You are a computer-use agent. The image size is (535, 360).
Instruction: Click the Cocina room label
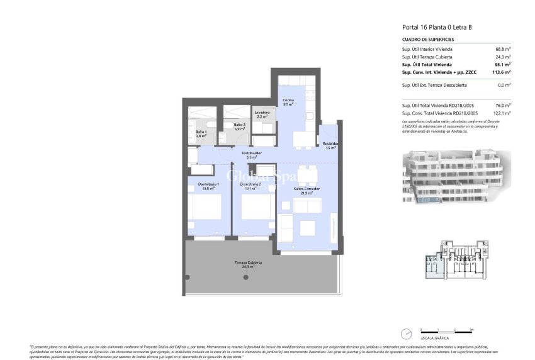[288, 102]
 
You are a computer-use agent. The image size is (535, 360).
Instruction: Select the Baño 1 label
[201, 133]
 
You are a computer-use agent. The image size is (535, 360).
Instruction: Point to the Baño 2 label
[239, 127]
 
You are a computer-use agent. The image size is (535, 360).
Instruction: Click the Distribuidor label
[251, 154]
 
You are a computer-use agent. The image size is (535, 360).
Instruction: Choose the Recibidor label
[330, 145]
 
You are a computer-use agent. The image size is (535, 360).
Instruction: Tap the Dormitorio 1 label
[208, 186]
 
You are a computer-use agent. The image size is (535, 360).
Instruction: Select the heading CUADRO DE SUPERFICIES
[427, 40]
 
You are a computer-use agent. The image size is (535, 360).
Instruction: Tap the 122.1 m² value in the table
[502, 113]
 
